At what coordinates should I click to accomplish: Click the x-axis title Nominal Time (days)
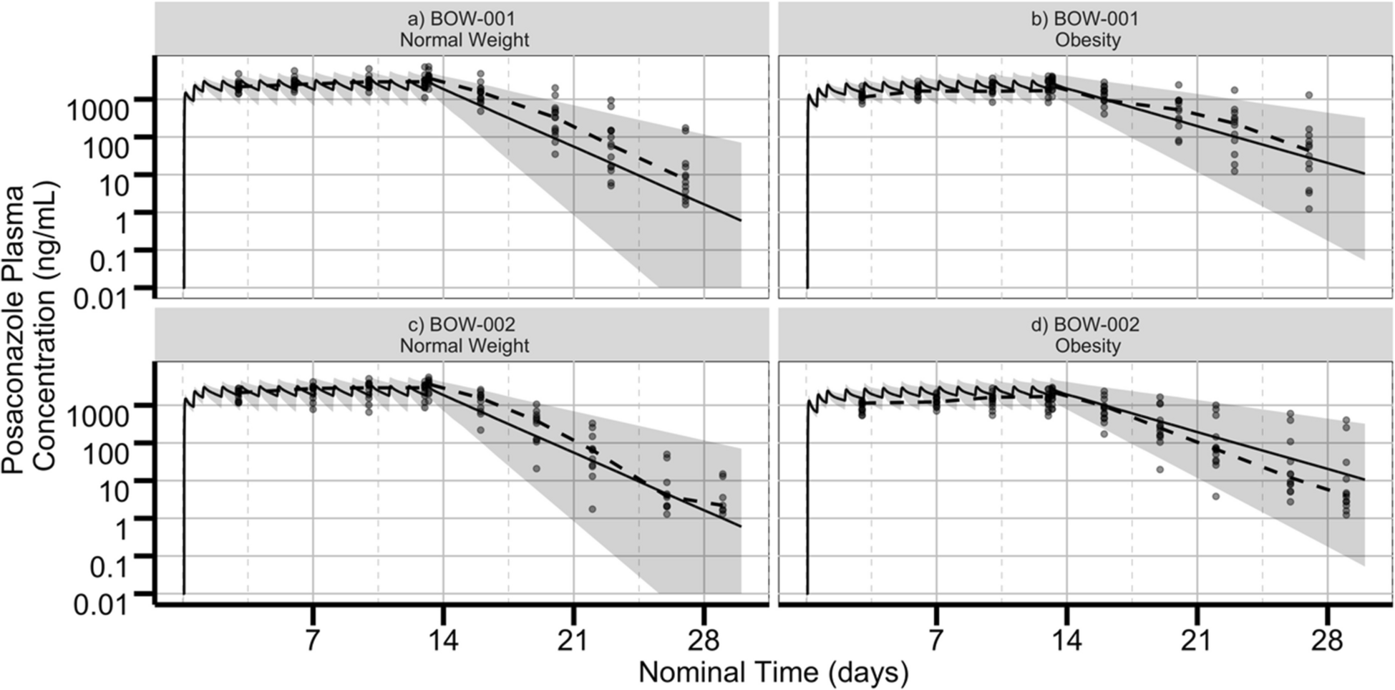point(773,672)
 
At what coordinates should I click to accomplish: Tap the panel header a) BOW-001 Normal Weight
point(464,29)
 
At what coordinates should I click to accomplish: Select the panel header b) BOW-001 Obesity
point(1087,29)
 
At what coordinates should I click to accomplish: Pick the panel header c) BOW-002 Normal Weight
point(464,335)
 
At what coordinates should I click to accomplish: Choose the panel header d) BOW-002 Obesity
point(1087,335)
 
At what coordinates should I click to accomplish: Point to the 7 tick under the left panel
point(312,639)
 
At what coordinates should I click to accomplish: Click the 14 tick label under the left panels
point(443,639)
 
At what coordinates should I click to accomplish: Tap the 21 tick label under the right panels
point(1197,639)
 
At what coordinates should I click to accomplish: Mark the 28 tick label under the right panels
point(1327,639)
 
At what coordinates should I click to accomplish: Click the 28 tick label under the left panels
point(703,639)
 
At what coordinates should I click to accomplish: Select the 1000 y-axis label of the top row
point(97,110)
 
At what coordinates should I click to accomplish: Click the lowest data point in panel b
point(1309,209)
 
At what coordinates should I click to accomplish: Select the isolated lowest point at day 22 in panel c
point(592,509)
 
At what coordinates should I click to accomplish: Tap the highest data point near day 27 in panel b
point(1309,94)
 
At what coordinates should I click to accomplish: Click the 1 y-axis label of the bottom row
point(120,529)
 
